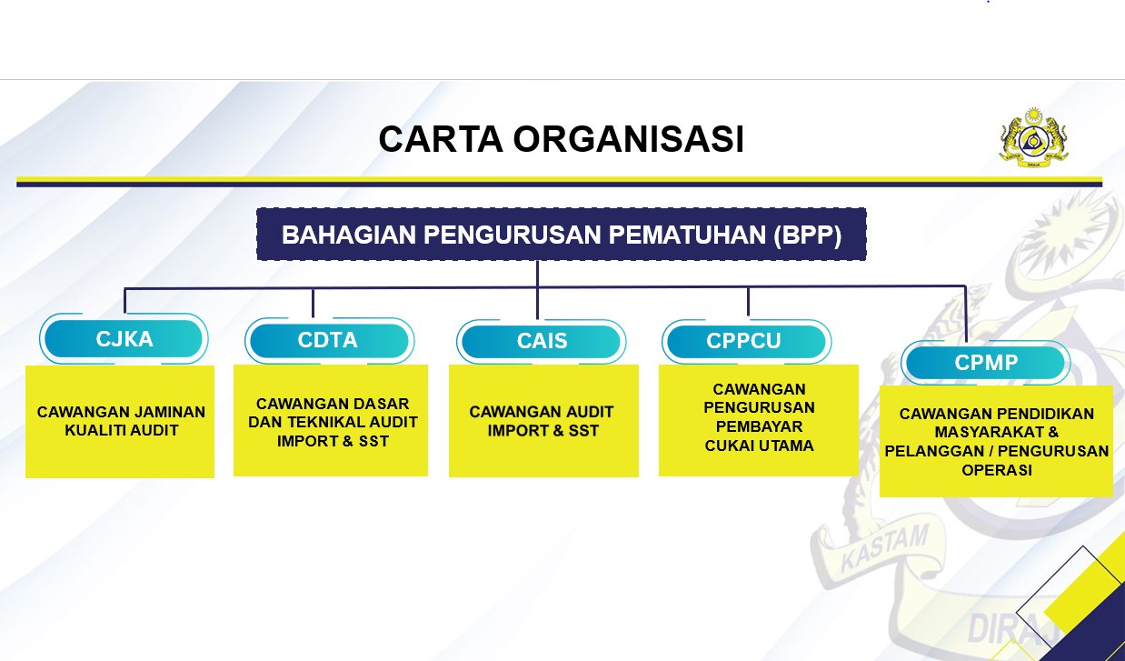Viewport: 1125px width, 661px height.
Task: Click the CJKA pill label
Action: (124, 340)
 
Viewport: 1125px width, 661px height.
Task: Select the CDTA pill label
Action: (328, 341)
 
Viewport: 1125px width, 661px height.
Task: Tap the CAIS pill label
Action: (542, 342)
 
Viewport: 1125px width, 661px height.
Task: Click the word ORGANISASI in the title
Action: (628, 140)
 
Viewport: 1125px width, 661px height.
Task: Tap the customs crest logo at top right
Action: (1033, 139)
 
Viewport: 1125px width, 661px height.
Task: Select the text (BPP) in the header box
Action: (808, 235)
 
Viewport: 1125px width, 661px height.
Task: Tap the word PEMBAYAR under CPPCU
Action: (759, 426)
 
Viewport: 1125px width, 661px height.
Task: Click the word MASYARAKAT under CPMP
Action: (997, 433)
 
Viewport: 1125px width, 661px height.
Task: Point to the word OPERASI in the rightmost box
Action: (997, 471)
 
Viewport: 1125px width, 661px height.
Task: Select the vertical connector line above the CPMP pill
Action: (965, 314)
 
